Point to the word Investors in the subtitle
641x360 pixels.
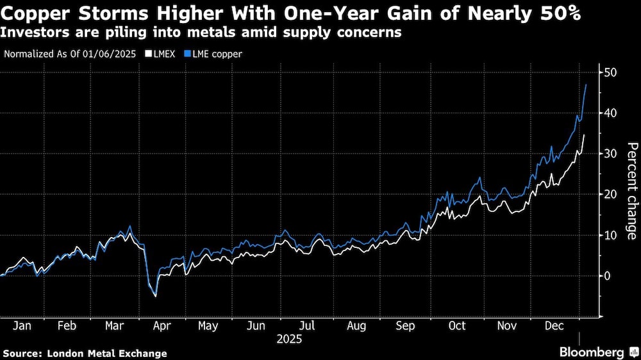click(35, 33)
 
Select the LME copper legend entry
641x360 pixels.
click(215, 54)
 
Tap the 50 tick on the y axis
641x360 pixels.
click(610, 72)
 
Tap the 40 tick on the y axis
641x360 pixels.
click(610, 113)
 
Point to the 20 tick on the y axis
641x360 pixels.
click(610, 194)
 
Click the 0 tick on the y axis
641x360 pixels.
click(608, 275)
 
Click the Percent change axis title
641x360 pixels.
click(631, 192)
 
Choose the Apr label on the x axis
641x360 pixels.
click(161, 326)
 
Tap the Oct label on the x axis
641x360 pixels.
click(456, 326)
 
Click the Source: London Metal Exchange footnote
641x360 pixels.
click(85, 353)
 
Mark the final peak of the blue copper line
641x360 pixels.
click(586, 85)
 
